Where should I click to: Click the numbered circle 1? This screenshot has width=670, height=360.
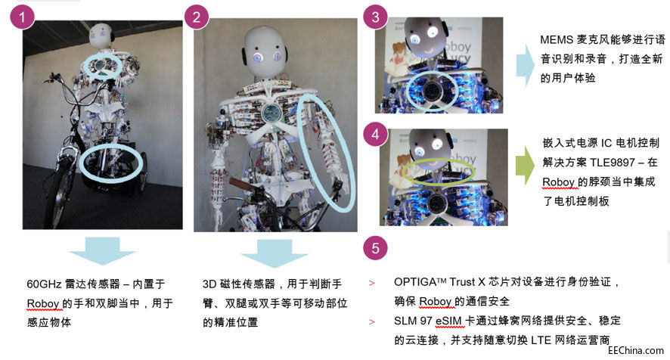[x=22, y=17]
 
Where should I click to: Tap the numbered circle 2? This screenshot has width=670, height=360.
[x=196, y=17]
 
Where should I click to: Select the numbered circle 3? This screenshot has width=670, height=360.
[x=375, y=17]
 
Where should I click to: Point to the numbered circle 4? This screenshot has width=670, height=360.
[x=375, y=135]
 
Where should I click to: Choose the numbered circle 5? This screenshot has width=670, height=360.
[x=375, y=248]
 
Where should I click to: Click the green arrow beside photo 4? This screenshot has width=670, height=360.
[x=524, y=166]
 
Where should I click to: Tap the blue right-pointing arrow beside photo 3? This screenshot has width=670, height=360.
[x=525, y=65]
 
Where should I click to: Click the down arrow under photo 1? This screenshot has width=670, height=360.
[x=103, y=251]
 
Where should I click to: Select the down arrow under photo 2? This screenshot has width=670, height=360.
[x=275, y=253]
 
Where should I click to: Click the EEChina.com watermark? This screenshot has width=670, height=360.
[x=636, y=350]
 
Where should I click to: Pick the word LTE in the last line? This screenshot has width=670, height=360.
[x=541, y=340]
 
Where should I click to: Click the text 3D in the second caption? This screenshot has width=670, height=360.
[x=209, y=284]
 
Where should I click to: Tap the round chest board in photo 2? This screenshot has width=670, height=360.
[x=271, y=112]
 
